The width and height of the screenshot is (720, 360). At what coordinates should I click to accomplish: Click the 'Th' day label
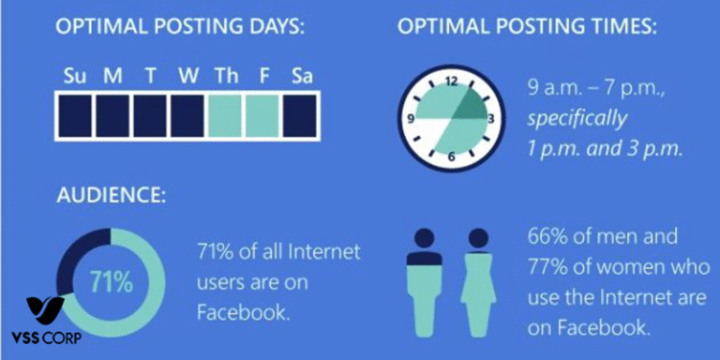pyautogui.click(x=225, y=75)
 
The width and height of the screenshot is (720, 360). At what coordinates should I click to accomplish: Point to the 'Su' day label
pyautogui.click(x=74, y=75)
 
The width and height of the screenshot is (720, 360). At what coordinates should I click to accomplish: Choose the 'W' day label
pyautogui.click(x=187, y=75)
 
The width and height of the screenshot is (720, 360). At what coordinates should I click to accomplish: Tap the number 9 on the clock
pyautogui.click(x=411, y=119)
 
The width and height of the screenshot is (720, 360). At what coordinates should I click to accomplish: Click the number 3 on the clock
pyautogui.click(x=490, y=119)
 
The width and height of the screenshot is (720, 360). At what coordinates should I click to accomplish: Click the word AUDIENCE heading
pyautogui.click(x=106, y=198)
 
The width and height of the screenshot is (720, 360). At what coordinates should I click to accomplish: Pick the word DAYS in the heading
pyautogui.click(x=277, y=26)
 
